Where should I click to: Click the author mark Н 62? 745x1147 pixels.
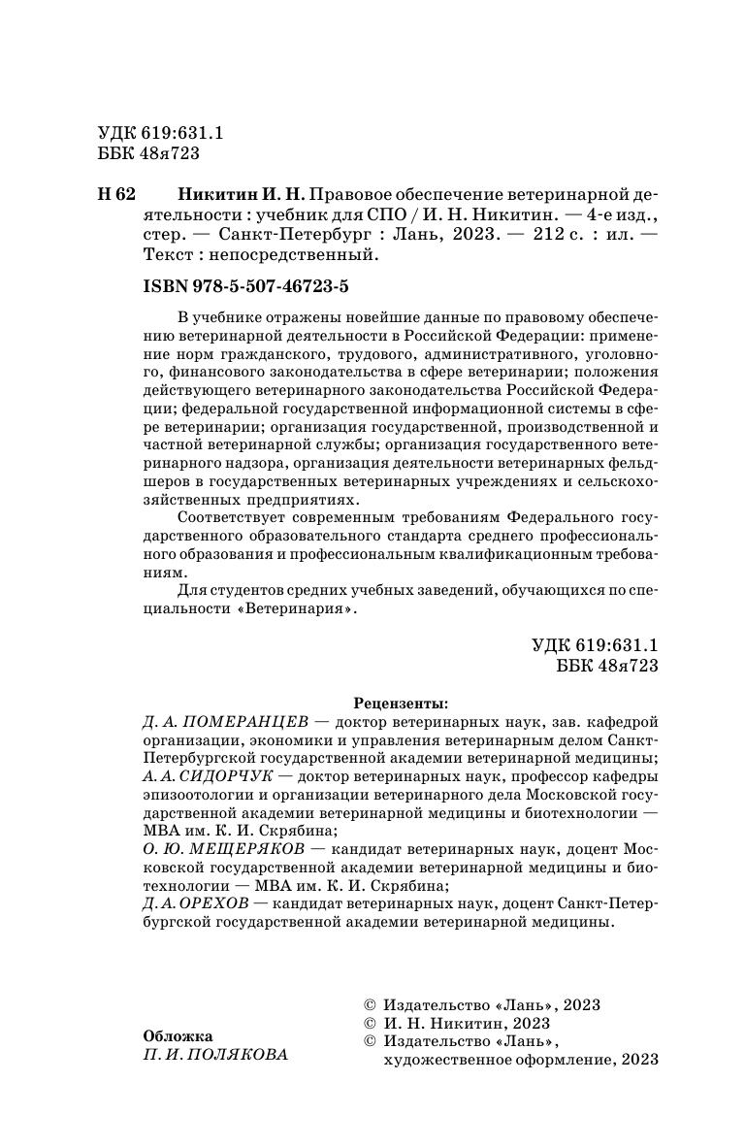pyautogui.click(x=116, y=193)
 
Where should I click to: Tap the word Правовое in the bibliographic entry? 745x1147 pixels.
pyautogui.click(x=359, y=193)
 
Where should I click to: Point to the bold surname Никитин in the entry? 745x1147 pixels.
pyautogui.click(x=215, y=193)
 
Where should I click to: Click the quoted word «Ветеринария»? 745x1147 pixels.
pyautogui.click(x=296, y=611)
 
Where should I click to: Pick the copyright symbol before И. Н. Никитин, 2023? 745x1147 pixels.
pyautogui.click(x=368, y=1023)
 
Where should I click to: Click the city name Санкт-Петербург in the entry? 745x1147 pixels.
pyautogui.click(x=294, y=235)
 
